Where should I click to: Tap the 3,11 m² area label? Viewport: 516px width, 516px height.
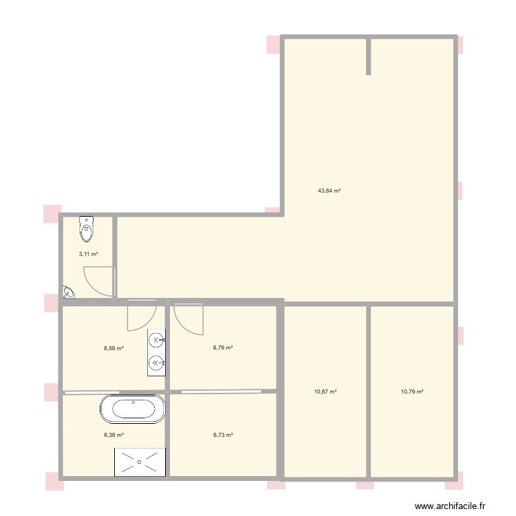tap(88, 254)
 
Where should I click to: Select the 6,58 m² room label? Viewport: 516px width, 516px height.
tap(114, 349)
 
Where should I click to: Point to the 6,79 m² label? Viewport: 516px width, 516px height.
tap(223, 348)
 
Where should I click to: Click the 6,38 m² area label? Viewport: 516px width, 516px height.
tap(114, 435)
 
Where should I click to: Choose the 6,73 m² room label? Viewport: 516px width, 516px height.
tap(223, 435)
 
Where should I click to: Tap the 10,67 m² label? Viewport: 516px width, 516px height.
tap(325, 391)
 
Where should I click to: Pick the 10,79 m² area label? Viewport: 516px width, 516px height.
tap(411, 391)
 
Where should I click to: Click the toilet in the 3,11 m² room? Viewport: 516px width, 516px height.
tap(87, 228)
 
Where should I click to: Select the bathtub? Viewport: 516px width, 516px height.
tap(133, 409)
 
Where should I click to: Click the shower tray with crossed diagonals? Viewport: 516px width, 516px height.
tap(140, 461)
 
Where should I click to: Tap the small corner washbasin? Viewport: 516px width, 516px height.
tap(68, 293)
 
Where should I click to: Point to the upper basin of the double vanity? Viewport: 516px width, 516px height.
tap(157, 340)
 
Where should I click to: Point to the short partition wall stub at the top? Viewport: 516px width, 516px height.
tap(369, 56)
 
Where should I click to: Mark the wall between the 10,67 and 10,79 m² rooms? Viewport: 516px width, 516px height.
tap(369, 391)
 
